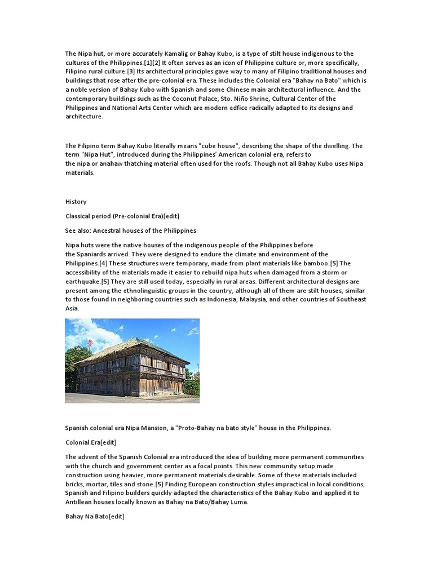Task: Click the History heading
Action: tap(76, 202)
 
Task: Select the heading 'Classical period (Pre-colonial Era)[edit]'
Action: tap(122, 216)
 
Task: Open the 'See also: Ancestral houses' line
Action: tap(131, 230)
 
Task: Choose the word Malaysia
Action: tap(253, 299)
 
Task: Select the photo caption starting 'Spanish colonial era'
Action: tap(198, 428)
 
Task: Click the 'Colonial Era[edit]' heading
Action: tap(91, 442)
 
